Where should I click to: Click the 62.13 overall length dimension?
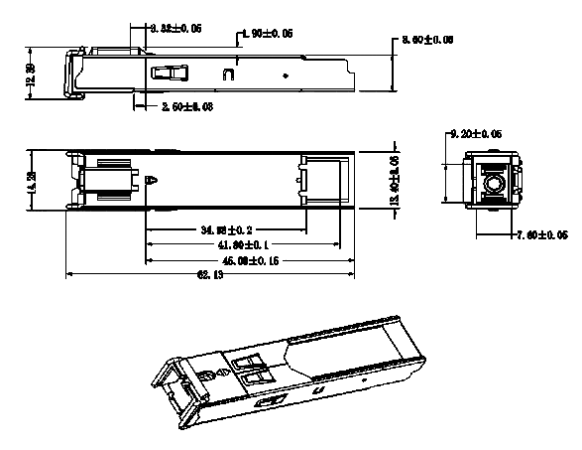(208, 276)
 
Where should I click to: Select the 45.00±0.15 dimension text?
(242, 261)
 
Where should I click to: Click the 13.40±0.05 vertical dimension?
(394, 180)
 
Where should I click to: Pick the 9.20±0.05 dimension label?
(480, 133)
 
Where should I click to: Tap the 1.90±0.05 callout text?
(265, 34)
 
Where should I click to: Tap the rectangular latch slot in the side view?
(168, 73)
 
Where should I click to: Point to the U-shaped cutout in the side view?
(229, 73)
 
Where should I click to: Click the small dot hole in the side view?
(287, 75)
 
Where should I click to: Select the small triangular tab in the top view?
(151, 180)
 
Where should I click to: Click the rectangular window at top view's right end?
(324, 179)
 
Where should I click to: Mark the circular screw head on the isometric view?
(212, 375)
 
